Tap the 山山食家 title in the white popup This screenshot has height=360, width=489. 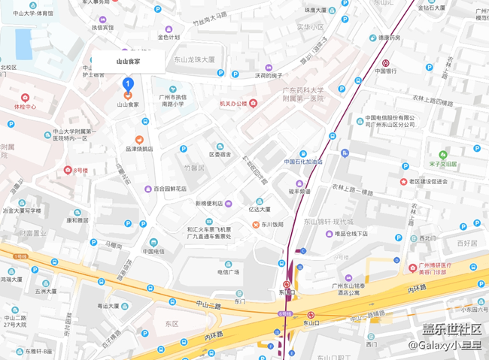coord(128,62)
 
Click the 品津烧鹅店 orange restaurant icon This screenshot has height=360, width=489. coord(139,140)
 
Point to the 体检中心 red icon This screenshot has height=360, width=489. coord(25,98)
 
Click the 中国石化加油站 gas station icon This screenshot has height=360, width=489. coord(302,153)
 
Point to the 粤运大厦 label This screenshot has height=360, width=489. coord(108,306)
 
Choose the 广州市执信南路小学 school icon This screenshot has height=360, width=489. coord(172,89)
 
